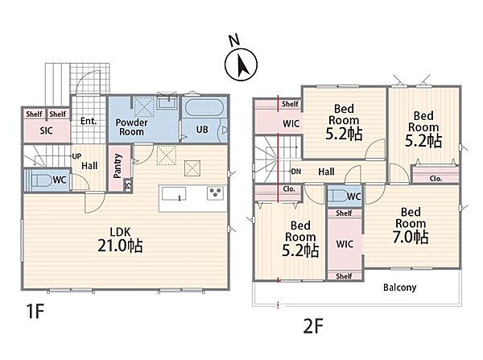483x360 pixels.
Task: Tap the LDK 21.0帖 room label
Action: (120, 240)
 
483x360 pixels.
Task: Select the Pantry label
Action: (118, 166)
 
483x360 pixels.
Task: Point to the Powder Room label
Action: (131, 127)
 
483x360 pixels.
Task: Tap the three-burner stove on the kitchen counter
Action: (215, 193)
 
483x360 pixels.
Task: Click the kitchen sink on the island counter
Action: (174, 194)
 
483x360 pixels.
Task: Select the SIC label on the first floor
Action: (46, 130)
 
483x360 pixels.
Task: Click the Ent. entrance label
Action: (89, 121)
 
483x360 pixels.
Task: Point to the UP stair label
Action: (76, 156)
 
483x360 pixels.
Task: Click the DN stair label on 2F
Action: (295, 172)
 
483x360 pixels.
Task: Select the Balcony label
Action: (399, 288)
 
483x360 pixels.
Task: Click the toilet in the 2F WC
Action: (336, 196)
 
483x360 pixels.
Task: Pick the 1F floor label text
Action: (35, 311)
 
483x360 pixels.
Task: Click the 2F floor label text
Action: (313, 326)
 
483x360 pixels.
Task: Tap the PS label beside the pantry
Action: (128, 185)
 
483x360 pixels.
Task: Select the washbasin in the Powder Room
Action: (167, 102)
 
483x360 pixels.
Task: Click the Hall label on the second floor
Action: (326, 172)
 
